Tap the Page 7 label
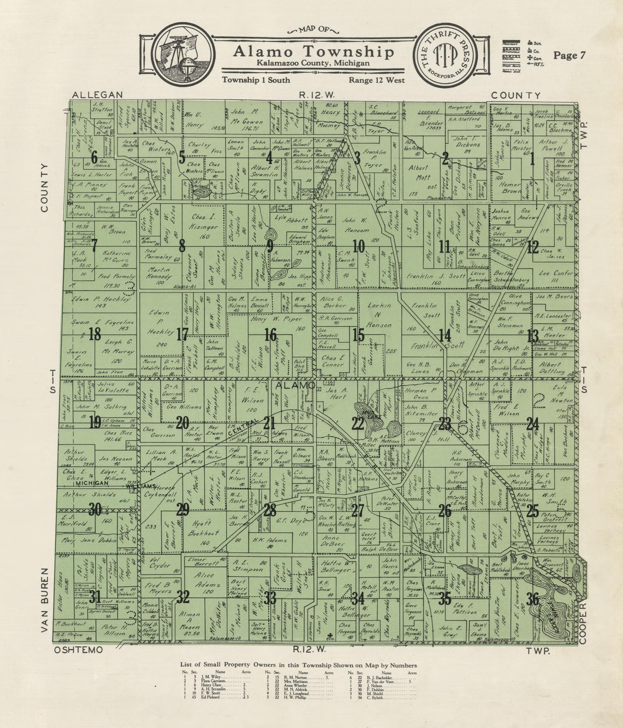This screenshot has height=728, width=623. (x=569, y=55)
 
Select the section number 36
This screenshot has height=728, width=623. (x=533, y=599)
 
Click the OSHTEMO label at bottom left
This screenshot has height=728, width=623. (x=79, y=650)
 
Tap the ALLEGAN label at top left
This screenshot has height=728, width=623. (x=97, y=95)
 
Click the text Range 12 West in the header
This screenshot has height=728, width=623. (x=376, y=80)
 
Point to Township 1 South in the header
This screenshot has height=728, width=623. (x=256, y=80)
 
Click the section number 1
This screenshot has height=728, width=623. (x=532, y=161)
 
